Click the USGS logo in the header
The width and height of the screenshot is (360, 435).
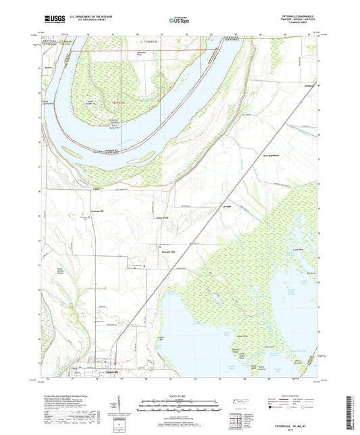click(x=55, y=20)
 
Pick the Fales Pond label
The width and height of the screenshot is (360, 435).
click(x=163, y=217)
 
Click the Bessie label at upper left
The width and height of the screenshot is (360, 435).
click(x=49, y=68)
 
